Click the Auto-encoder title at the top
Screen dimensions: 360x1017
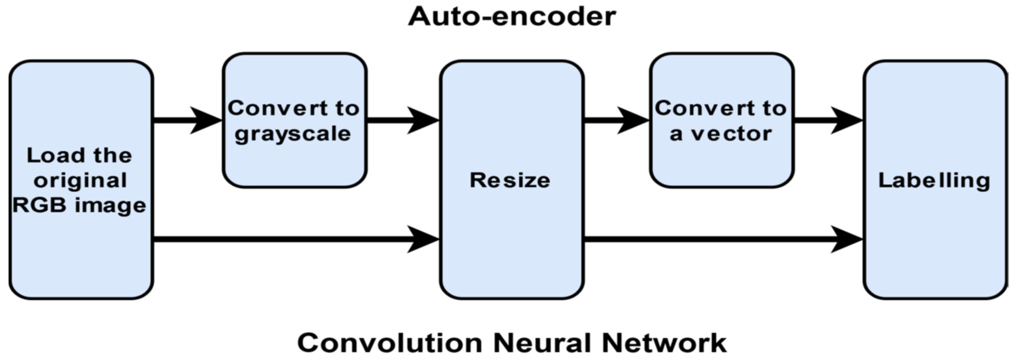[512, 17]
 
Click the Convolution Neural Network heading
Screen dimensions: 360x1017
[512, 343]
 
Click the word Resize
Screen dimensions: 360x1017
[510, 180]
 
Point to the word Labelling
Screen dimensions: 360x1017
[934, 181]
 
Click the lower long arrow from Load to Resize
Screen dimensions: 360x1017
[296, 239]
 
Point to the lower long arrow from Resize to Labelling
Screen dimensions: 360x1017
[723, 239]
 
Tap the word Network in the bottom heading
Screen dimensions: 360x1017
[664, 343]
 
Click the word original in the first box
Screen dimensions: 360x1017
[80, 181]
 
